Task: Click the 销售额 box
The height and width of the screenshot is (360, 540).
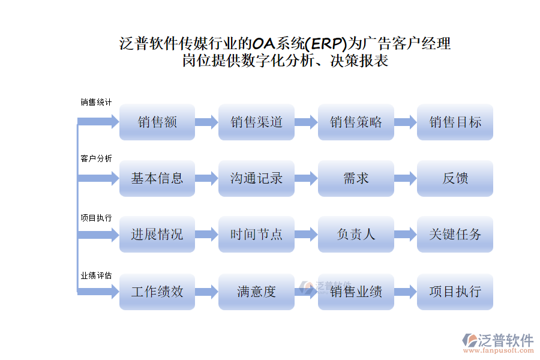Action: (x=157, y=122)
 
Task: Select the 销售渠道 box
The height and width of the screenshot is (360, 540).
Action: (x=256, y=122)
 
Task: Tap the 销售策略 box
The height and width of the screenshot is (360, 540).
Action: (x=356, y=122)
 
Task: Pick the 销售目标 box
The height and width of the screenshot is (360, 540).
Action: (x=455, y=122)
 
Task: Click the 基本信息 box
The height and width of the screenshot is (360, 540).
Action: (x=157, y=178)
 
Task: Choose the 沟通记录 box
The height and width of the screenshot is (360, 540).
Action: (x=256, y=178)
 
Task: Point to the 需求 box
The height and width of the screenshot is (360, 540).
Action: (x=356, y=178)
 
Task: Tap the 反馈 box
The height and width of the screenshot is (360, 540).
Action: (x=455, y=178)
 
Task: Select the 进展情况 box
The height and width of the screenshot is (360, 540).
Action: (x=157, y=234)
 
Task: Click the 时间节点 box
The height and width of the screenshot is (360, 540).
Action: (x=256, y=234)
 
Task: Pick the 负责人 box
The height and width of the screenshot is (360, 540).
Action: (x=356, y=234)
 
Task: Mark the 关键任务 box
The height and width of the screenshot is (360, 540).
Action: (x=455, y=234)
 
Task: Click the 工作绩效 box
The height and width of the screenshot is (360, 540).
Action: (x=157, y=292)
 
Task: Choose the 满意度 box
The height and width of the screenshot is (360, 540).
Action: (x=256, y=292)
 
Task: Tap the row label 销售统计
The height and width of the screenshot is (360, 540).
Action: (x=96, y=103)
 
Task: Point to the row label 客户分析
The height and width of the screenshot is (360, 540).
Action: (x=96, y=159)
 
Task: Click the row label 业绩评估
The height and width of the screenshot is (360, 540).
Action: (x=96, y=275)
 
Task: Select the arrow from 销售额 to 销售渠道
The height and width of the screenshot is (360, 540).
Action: (x=207, y=122)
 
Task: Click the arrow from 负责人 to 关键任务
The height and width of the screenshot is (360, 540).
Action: (x=406, y=234)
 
